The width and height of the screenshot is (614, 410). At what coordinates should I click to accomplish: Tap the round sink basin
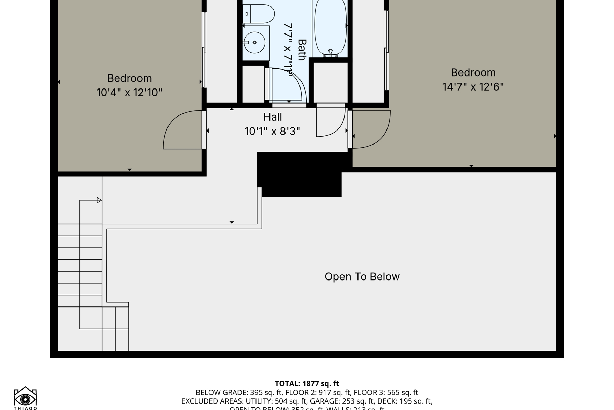tap(254, 42)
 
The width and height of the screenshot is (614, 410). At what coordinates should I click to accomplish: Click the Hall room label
tap(273, 117)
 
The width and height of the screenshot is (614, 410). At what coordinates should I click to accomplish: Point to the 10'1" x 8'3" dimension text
tap(272, 131)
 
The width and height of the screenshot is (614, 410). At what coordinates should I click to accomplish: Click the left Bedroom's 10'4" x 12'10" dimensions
tap(129, 93)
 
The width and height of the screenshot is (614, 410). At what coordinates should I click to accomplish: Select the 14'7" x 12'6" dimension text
tap(473, 87)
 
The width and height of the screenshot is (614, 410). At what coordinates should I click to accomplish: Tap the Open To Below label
tap(362, 276)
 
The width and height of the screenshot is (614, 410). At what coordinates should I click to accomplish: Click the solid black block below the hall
tap(300, 174)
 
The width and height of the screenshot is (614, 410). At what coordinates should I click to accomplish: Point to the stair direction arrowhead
tap(99, 200)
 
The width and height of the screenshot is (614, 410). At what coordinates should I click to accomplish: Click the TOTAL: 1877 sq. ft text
tap(307, 383)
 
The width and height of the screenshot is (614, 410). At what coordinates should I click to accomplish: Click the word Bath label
tap(302, 50)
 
